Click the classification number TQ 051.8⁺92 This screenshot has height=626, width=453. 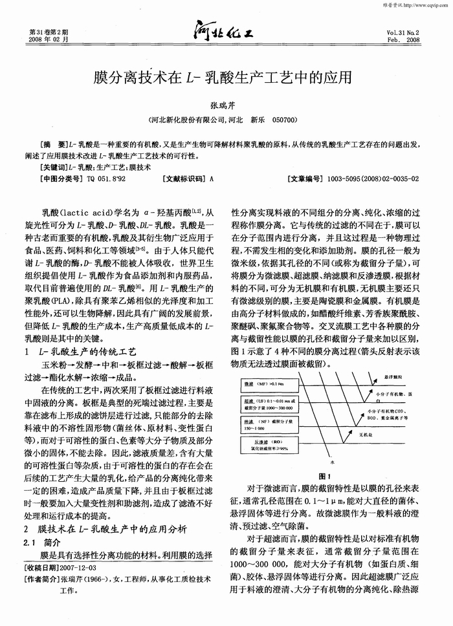pyautogui.click(x=107, y=178)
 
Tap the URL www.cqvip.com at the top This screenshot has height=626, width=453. pyautogui.click(x=428, y=5)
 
